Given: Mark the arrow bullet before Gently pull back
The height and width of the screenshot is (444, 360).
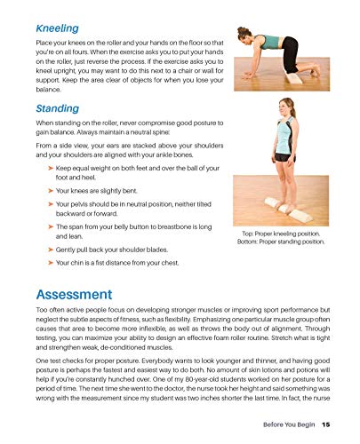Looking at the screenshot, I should click(39, 251).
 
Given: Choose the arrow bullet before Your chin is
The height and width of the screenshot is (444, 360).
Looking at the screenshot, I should click(39, 263).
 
